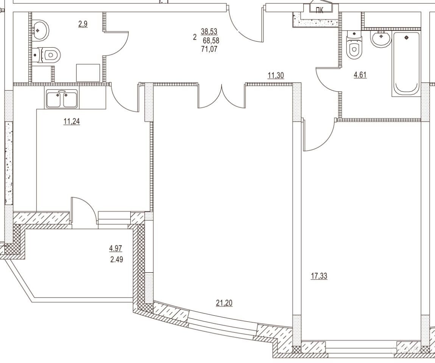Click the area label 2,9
tap(83, 24)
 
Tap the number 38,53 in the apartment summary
tap(209, 31)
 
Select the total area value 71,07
tap(210, 50)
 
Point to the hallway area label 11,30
tap(276, 75)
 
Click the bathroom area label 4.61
tap(360, 75)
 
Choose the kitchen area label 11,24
tap(72, 121)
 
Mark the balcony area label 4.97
tap(115, 248)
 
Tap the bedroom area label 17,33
tap(319, 276)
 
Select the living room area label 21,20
tap(224, 303)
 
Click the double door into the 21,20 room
tap(221, 96)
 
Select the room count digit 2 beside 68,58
tap(195, 37)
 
